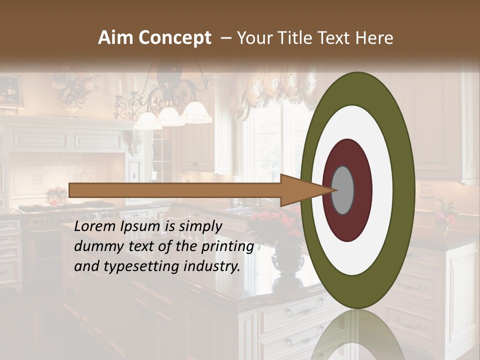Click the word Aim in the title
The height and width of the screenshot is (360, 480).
pyautogui.click(x=116, y=38)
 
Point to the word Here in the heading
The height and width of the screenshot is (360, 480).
pyautogui.click(x=374, y=38)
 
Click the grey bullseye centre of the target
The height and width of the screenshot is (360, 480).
pyautogui.click(x=343, y=190)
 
